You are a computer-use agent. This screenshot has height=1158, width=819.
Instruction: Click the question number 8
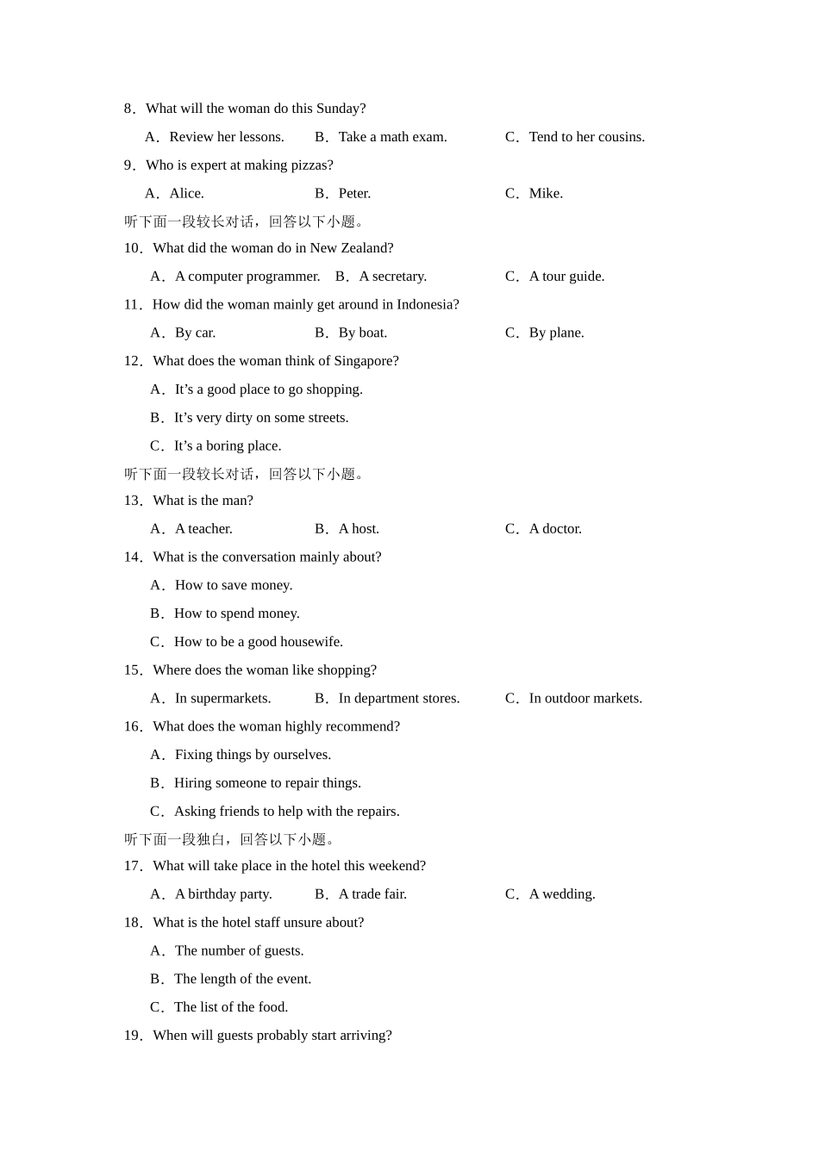[x=128, y=109]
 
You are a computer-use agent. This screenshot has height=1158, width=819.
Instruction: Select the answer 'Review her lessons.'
[x=226, y=137]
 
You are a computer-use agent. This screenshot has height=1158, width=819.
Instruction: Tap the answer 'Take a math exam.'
[x=392, y=137]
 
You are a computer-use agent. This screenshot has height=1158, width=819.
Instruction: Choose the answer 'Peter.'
[x=354, y=194]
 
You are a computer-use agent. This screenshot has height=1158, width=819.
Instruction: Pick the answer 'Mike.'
[x=546, y=194]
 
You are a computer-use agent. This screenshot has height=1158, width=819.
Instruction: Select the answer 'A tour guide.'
[x=566, y=277]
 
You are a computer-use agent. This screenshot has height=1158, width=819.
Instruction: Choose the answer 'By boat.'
[x=363, y=333]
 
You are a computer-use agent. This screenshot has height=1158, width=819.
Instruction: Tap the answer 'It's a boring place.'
[x=228, y=446]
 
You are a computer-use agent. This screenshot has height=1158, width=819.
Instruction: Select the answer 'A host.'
[x=359, y=529]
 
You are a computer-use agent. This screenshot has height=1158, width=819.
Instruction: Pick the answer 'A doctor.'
[x=555, y=529]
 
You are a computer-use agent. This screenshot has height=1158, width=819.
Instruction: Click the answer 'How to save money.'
[x=234, y=586]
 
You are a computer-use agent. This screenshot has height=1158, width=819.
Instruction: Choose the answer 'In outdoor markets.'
[x=585, y=699]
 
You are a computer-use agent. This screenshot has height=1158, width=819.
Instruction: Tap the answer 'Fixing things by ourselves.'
[x=253, y=755]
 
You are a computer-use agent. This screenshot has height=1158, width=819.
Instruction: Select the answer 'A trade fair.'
[x=372, y=894]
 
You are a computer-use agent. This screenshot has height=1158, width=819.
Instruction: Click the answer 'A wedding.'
[x=562, y=894]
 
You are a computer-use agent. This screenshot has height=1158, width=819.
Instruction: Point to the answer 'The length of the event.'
[x=242, y=979]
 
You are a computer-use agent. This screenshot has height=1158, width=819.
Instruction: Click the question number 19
[x=133, y=1036]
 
